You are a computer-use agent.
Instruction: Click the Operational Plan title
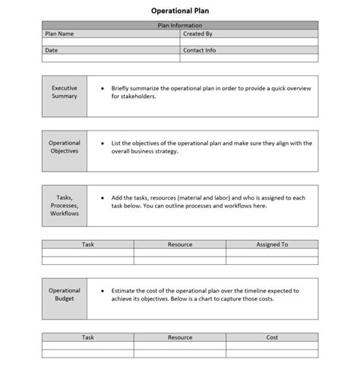(179, 11)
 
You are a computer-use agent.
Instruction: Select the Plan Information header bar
(179, 25)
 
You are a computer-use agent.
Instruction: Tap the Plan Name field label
(60, 33)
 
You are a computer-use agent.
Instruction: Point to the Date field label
(52, 50)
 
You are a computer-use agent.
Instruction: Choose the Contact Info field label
(200, 50)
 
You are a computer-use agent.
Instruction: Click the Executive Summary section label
(65, 92)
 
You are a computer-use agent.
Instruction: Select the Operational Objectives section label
(65, 147)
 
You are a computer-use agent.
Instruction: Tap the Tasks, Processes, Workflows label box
(65, 205)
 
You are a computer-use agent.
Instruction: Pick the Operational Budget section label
(65, 295)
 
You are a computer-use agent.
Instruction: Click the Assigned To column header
(272, 245)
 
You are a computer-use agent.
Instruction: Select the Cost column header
(272, 337)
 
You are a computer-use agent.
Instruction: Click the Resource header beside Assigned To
(180, 245)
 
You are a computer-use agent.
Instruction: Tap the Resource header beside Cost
(180, 337)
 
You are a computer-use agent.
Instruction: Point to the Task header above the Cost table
(88, 337)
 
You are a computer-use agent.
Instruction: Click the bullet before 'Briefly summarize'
(102, 88)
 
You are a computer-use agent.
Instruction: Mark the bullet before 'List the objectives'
(102, 143)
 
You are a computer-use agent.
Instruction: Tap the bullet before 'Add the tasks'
(102, 197)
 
